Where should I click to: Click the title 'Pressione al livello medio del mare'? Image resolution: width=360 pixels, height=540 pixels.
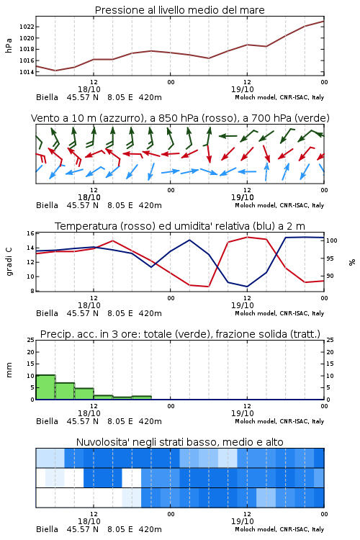pyautogui.click(x=179, y=10)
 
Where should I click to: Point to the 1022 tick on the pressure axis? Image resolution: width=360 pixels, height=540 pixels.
pyautogui.click(x=27, y=27)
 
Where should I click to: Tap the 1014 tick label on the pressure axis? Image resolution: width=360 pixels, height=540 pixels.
pyautogui.click(x=27, y=72)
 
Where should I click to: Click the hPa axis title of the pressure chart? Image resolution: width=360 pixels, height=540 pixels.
pyautogui.click(x=9, y=45)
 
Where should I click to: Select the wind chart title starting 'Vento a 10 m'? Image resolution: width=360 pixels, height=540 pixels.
pyautogui.click(x=180, y=118)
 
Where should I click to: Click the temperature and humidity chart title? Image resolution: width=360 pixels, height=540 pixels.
pyautogui.click(x=180, y=226)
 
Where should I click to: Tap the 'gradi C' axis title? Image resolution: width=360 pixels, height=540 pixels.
pyautogui.click(x=9, y=262)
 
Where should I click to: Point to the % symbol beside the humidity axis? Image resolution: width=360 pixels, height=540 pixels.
pyautogui.click(x=352, y=262)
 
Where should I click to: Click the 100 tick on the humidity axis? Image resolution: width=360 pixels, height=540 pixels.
pyautogui.click(x=331, y=240)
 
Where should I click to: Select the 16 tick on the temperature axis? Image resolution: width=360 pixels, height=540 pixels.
pyautogui.click(x=30, y=233)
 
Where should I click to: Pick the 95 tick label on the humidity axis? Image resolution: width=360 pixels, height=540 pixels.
pyautogui.click(x=330, y=258)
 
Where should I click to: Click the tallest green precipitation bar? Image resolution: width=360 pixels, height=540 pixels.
pyautogui.click(x=45, y=387)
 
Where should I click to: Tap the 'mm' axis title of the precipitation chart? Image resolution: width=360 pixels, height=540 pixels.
pyautogui.click(x=9, y=370)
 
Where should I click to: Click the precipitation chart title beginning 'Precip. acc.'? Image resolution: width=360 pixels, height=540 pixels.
pyautogui.click(x=180, y=334)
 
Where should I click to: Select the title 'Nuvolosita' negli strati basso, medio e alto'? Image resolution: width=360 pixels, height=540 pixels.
pyautogui.click(x=179, y=442)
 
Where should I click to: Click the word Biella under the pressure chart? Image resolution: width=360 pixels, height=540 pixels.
pyautogui.click(x=47, y=97)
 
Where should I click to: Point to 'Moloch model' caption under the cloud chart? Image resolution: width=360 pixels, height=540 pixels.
pyautogui.click(x=256, y=529)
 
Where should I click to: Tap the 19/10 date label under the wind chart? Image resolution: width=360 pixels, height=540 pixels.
pyautogui.click(x=242, y=197)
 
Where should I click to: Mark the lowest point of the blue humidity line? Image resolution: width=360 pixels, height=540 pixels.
pyautogui.click(x=247, y=287)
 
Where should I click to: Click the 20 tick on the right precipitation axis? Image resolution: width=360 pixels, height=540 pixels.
pyautogui.click(x=330, y=352)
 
